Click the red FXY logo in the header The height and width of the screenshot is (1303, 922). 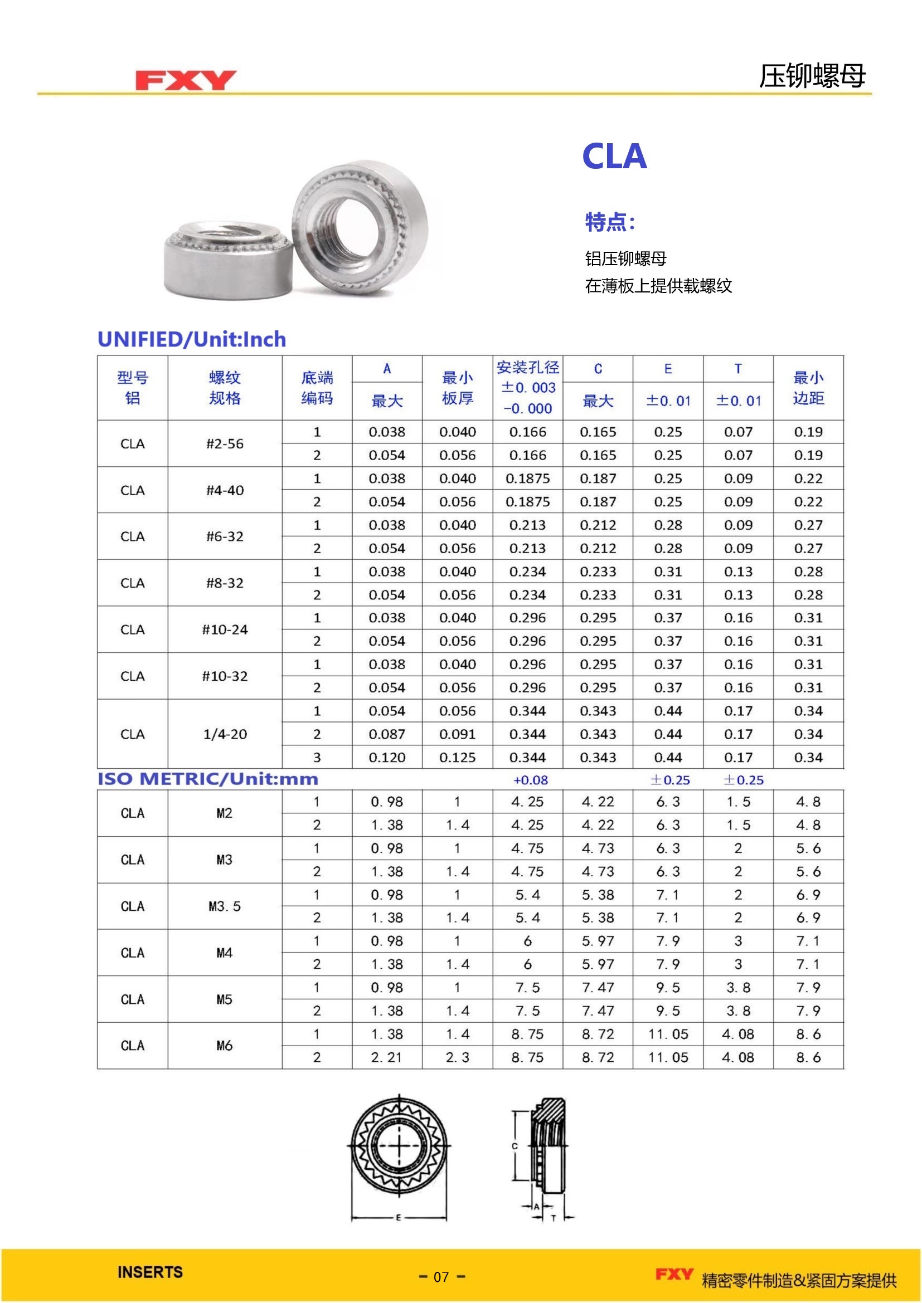click(185, 80)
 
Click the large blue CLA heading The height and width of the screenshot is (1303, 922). click(614, 157)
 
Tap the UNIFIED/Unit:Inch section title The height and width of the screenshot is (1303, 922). click(192, 339)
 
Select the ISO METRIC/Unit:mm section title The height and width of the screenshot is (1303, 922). click(208, 779)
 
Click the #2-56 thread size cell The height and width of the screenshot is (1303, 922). click(225, 444)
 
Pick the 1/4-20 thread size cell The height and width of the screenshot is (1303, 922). click(225, 734)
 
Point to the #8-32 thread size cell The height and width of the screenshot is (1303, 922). click(225, 583)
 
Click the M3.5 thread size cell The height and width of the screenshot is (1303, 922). click(224, 906)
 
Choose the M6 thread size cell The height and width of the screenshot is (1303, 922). click(224, 1046)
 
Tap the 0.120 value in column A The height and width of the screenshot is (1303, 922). click(387, 758)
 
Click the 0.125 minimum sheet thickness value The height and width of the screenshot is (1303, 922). click(457, 758)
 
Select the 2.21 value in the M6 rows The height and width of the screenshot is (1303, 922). click(387, 1058)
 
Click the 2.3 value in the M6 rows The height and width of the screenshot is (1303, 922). click(457, 1058)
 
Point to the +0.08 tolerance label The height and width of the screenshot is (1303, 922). click(530, 780)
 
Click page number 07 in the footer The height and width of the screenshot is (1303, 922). click(441, 1277)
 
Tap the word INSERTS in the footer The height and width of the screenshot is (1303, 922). click(150, 1272)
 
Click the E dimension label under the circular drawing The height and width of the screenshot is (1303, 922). click(399, 1217)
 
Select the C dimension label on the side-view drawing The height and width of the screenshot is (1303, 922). click(515, 1146)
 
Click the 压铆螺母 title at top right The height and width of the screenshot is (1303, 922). click(812, 76)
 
